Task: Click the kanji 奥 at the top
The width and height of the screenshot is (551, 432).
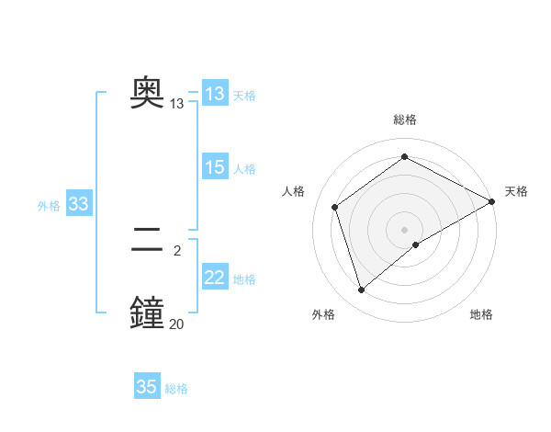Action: [x=148, y=92]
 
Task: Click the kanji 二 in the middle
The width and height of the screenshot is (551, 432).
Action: [x=148, y=239]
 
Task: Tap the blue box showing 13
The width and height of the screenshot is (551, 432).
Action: [x=215, y=94]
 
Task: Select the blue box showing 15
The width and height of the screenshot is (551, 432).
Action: [x=215, y=167]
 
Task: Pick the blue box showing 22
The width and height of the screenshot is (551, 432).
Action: [x=215, y=278]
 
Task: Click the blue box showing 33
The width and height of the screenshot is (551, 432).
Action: [x=78, y=204]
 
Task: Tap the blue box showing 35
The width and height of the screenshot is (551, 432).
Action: [x=147, y=387]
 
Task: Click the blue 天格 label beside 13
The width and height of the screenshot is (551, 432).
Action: [x=244, y=96]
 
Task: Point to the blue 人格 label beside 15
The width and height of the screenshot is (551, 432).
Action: [x=244, y=169]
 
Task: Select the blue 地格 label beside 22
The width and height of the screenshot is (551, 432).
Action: [x=244, y=279]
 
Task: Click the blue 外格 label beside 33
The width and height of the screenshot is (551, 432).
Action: [x=49, y=206]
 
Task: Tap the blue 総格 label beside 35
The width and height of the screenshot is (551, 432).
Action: [x=176, y=389]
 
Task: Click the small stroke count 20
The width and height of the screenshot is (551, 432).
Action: [x=176, y=323]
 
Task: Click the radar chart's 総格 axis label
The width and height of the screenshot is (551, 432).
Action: [x=404, y=119]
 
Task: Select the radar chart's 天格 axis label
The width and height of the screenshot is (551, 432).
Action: [x=516, y=191]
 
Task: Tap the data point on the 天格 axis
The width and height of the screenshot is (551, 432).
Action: [x=492, y=200]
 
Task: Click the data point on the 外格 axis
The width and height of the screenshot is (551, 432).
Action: [x=361, y=290]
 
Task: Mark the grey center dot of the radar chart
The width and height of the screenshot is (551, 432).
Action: [x=404, y=229]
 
